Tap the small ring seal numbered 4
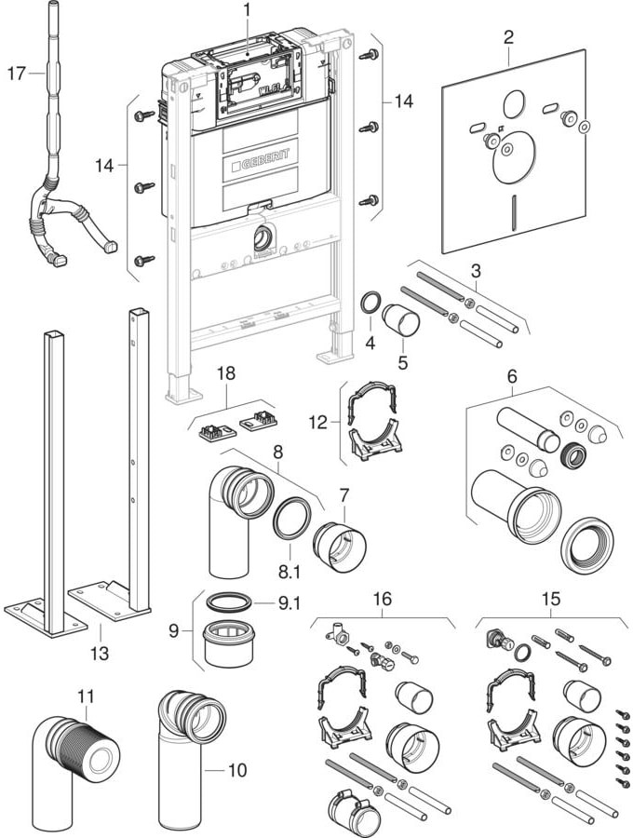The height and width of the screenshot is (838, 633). pos(370,303)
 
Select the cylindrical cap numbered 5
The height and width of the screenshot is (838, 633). pos(402,321)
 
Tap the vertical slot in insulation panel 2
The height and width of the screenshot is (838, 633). pos(513,210)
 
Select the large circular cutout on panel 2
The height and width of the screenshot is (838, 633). pos(513,155)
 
